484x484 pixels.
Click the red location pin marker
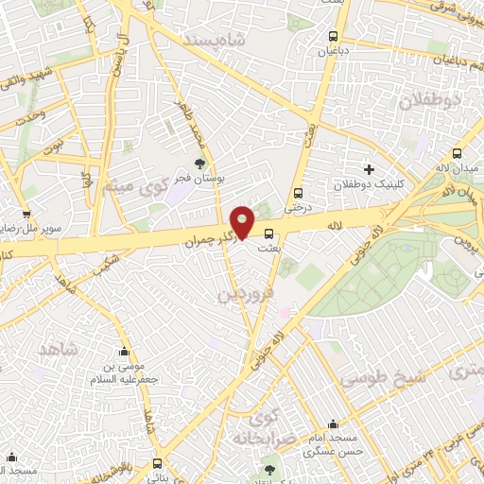(x=244, y=221)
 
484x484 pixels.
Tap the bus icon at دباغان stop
(x=332, y=37)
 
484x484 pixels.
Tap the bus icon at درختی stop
(x=298, y=187)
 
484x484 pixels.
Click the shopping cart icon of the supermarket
(x=26, y=214)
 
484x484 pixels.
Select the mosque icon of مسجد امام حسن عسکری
(x=331, y=424)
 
